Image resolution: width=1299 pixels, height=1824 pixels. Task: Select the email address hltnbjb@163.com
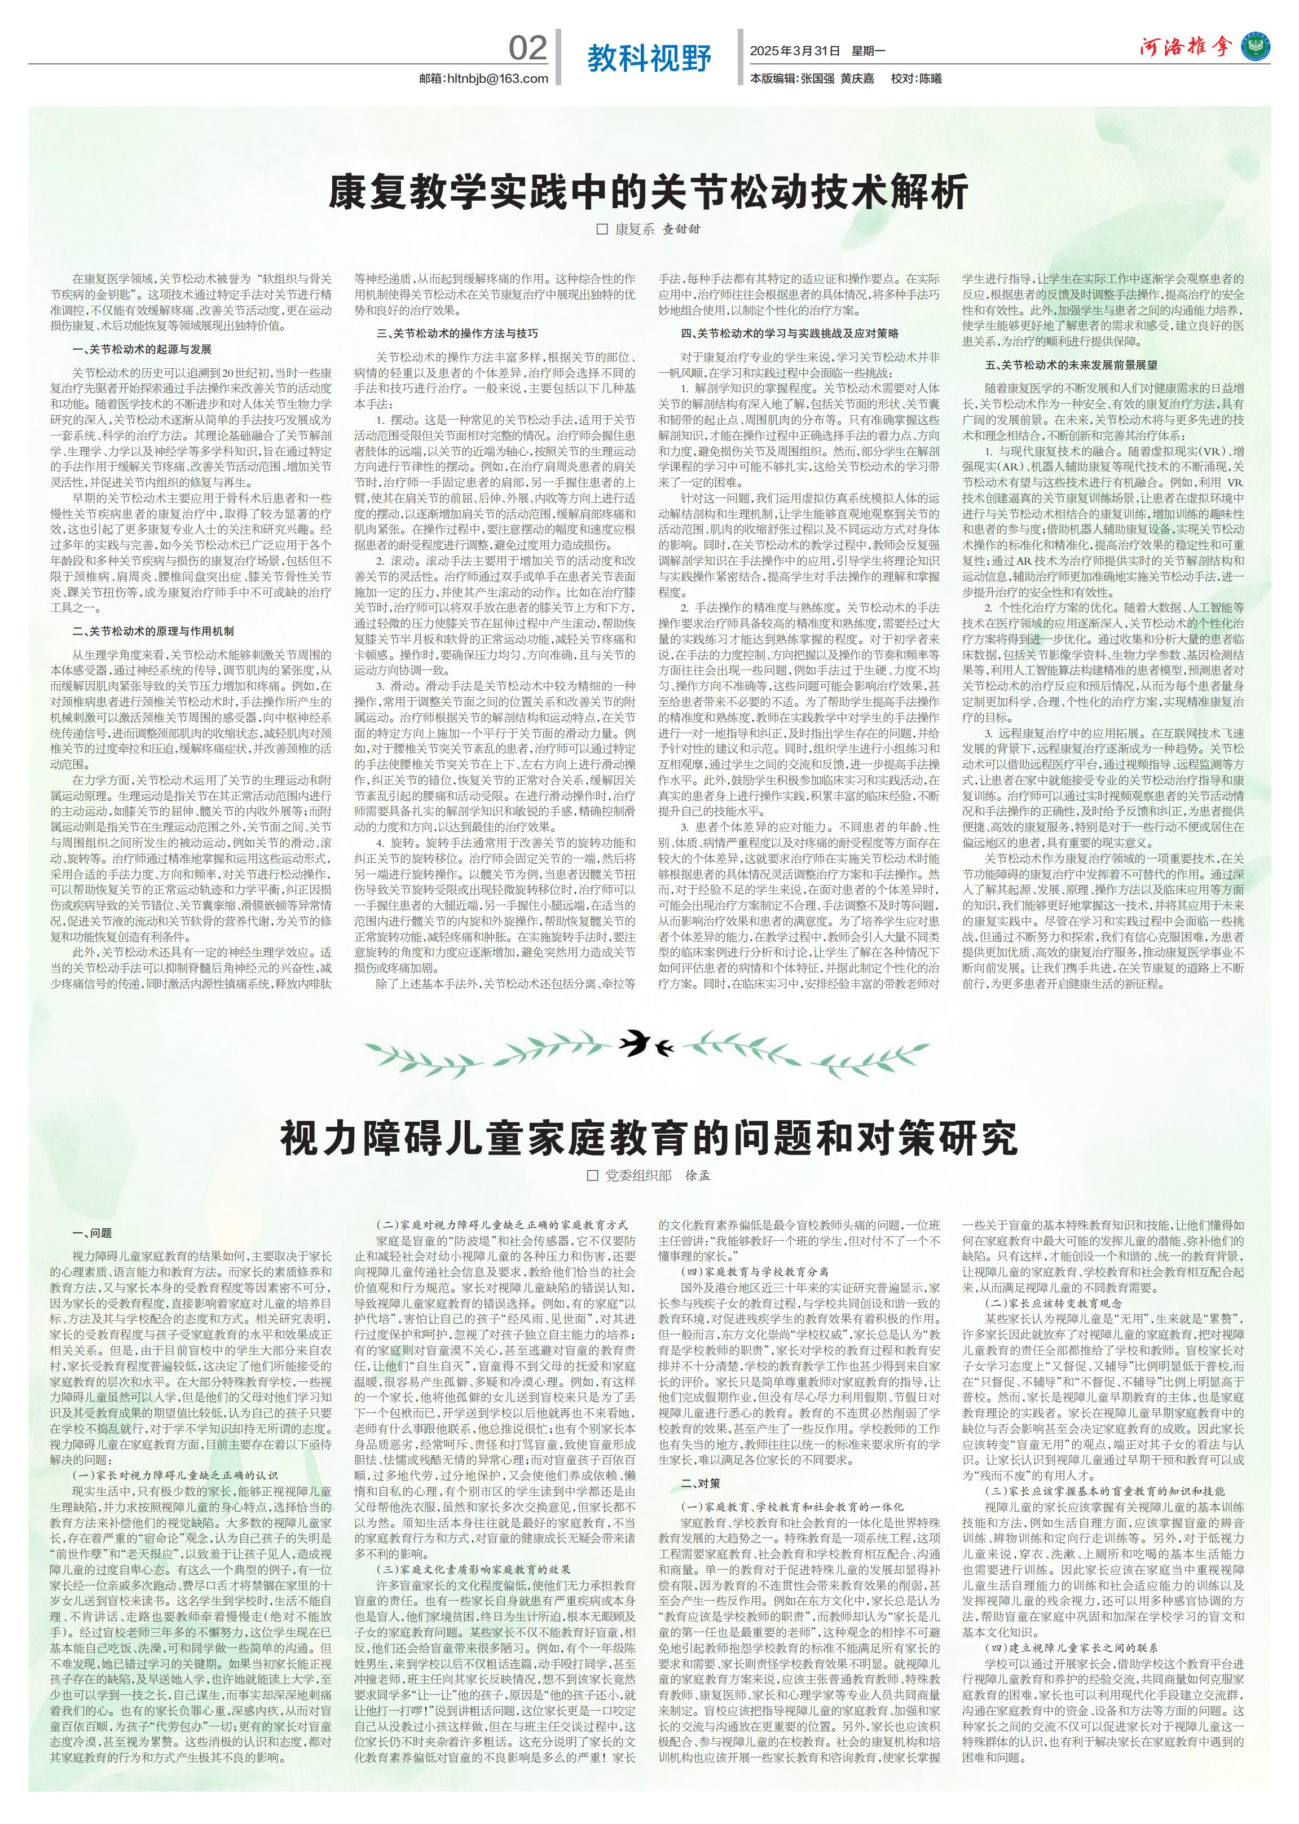(484, 78)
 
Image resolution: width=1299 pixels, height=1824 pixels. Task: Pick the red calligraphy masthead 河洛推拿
(1186, 48)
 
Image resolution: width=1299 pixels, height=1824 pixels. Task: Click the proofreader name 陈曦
(930, 79)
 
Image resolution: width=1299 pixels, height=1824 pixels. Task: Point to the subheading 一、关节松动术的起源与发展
(142, 350)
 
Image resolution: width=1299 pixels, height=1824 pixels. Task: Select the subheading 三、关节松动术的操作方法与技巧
(457, 333)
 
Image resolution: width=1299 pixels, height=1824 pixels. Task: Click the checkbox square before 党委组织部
(593, 1175)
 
